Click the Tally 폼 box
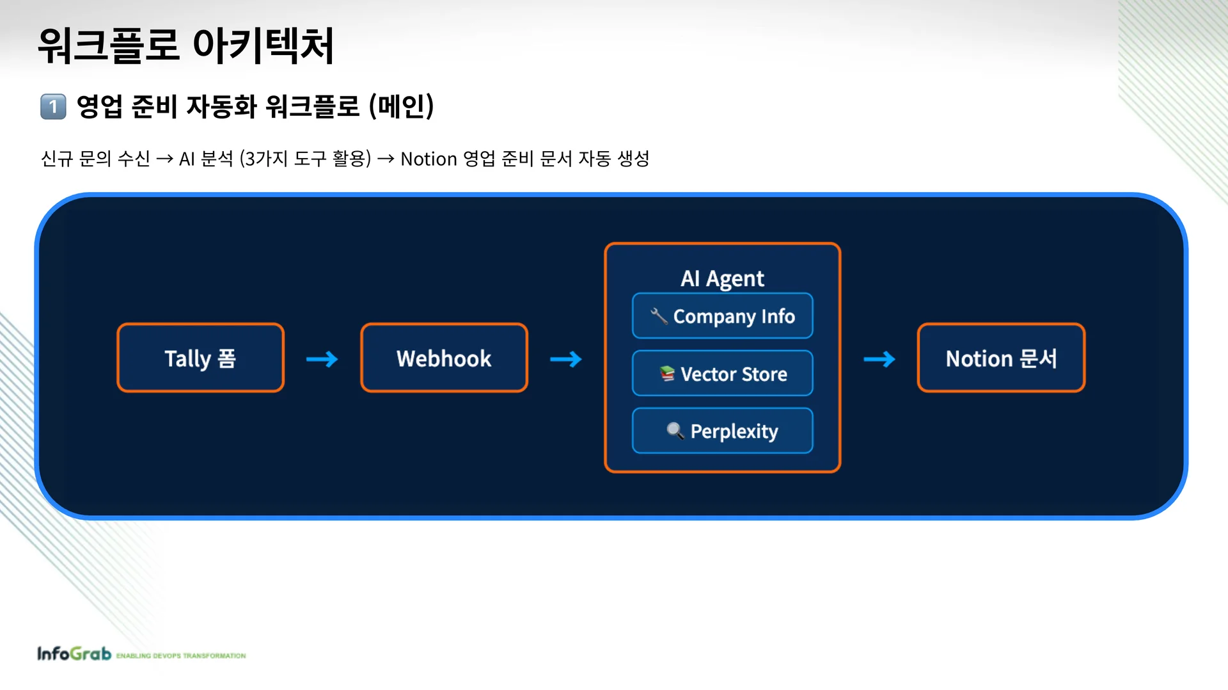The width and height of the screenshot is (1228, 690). (200, 358)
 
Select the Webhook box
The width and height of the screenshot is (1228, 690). (444, 358)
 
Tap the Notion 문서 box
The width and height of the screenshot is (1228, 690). (1001, 358)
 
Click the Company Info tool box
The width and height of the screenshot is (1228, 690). (722, 316)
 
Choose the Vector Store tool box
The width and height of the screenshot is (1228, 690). (722, 373)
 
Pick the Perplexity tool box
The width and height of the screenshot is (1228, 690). (722, 431)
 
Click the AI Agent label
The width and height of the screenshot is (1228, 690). (722, 278)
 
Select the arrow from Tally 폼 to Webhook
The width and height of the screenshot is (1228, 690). (322, 359)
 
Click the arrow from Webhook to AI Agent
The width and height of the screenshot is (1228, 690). (566, 359)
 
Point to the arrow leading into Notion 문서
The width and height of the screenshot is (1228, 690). (879, 359)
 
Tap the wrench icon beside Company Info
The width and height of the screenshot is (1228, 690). (659, 316)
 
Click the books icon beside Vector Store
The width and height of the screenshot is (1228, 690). (667, 373)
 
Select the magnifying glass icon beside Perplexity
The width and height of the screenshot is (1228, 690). (675, 431)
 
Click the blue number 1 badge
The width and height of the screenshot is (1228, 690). (53, 107)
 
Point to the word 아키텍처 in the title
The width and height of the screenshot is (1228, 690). (263, 46)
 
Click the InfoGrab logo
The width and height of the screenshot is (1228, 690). (74, 654)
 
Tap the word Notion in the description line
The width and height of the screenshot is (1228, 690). (429, 159)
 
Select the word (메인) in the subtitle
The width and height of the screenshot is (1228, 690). (402, 106)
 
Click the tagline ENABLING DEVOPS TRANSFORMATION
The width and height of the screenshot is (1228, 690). (181, 655)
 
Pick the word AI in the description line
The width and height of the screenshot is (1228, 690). (187, 159)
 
